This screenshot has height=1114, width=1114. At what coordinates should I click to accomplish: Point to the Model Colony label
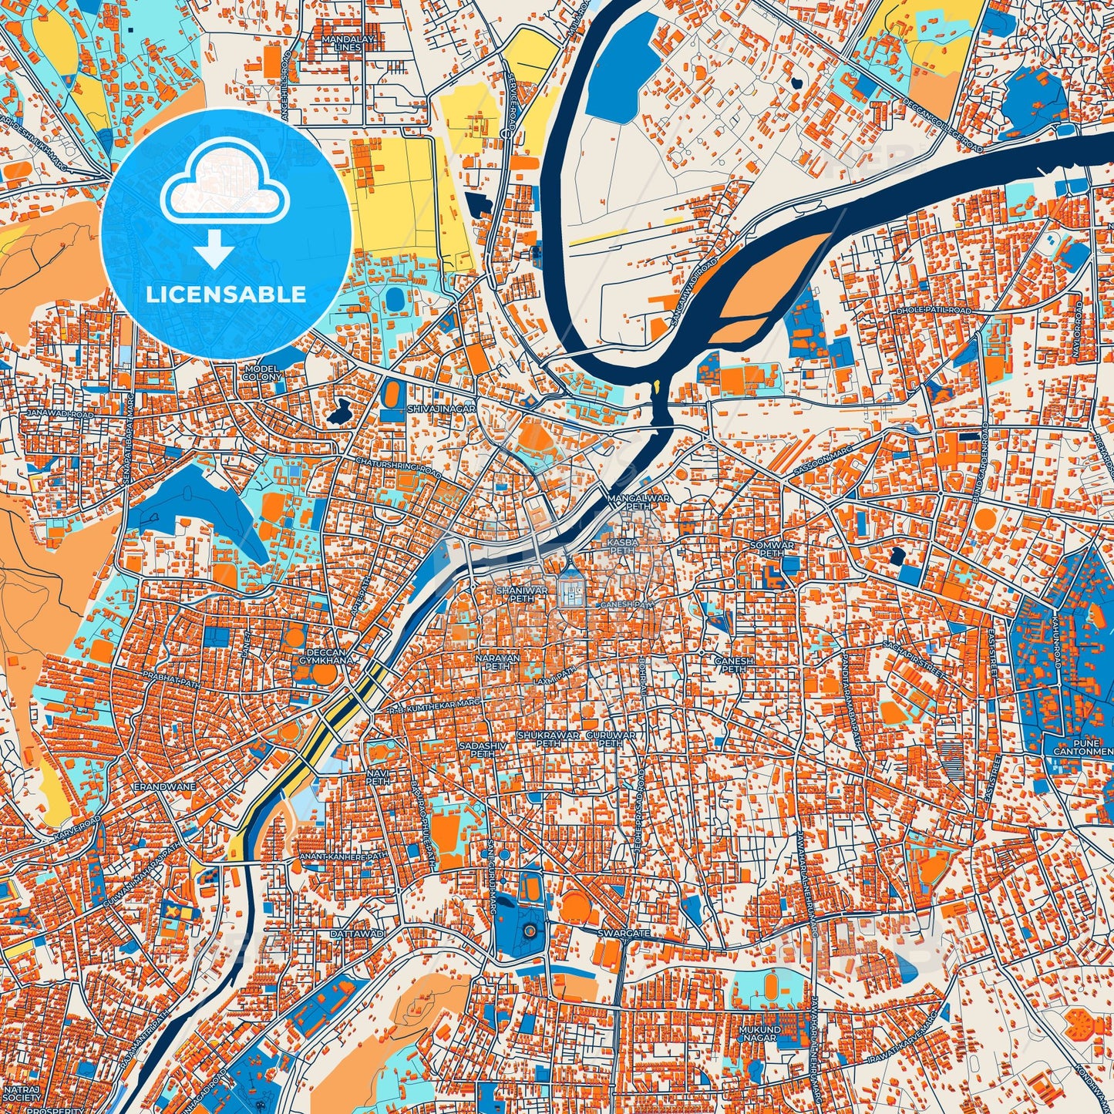pyautogui.click(x=262, y=373)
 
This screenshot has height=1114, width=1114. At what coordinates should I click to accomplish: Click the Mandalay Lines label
pyautogui.click(x=348, y=42)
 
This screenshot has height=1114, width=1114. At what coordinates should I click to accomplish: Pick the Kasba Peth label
pyautogui.click(x=623, y=547)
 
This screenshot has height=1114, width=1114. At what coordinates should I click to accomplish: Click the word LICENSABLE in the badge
pyautogui.click(x=226, y=294)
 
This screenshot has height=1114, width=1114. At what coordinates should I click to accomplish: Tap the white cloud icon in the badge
pyautogui.click(x=224, y=184)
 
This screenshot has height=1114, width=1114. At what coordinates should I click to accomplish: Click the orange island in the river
pyautogui.click(x=771, y=285)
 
